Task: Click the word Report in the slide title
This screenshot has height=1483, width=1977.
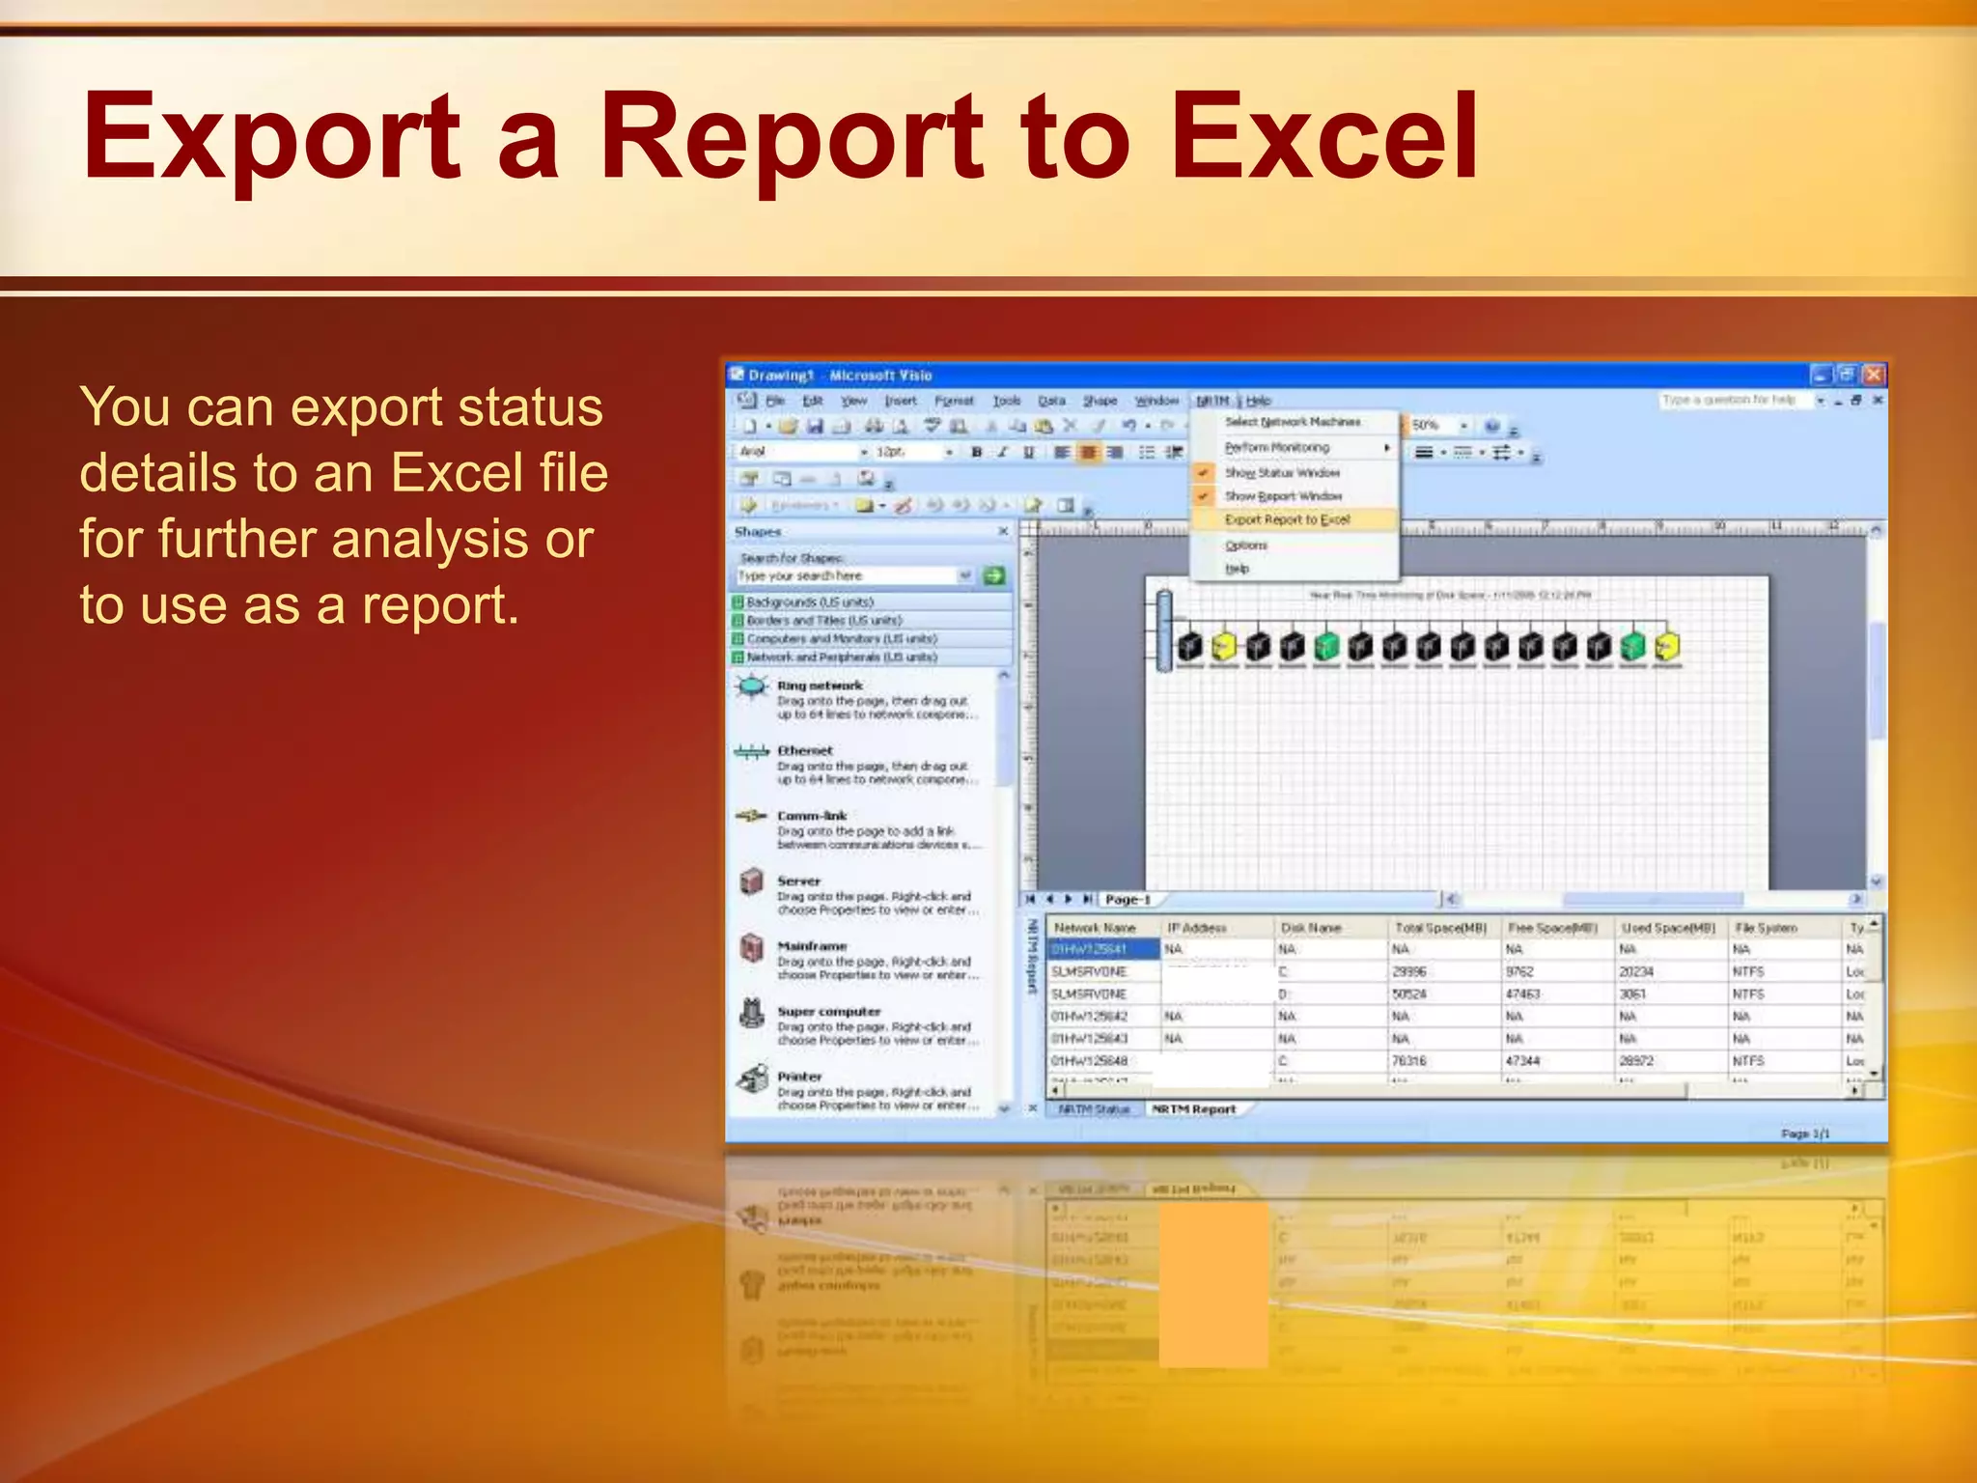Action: [792, 137]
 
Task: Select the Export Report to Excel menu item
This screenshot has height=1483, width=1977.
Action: [1287, 519]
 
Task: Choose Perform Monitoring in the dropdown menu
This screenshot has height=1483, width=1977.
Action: [1276, 448]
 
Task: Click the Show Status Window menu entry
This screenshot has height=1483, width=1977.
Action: [1282, 473]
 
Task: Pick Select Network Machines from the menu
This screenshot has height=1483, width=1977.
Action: [1293, 422]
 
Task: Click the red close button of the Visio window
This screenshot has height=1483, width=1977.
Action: [1873, 375]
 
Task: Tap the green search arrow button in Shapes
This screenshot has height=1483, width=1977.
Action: [993, 576]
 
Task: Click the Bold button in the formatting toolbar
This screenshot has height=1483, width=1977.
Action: [977, 452]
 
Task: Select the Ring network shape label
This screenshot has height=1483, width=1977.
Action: [820, 686]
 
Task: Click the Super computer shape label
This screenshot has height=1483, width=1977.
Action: [829, 1012]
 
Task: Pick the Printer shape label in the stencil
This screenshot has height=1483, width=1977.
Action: [799, 1077]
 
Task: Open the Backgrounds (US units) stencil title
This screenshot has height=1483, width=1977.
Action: [809, 602]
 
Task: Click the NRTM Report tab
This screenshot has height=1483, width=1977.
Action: [1193, 1109]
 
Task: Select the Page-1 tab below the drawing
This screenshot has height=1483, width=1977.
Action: [1128, 900]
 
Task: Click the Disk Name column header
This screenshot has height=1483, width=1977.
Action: [1310, 928]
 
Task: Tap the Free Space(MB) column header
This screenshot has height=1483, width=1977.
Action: [1552, 928]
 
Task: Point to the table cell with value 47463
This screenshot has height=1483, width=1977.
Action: [1522, 994]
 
